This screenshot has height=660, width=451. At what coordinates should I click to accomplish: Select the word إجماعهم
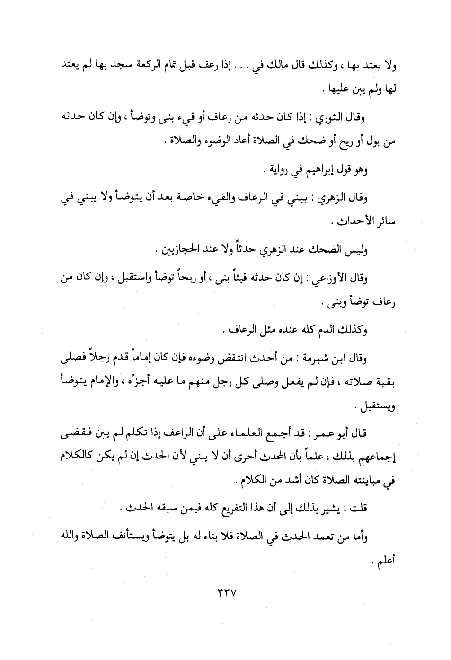pyautogui.click(x=380, y=458)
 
